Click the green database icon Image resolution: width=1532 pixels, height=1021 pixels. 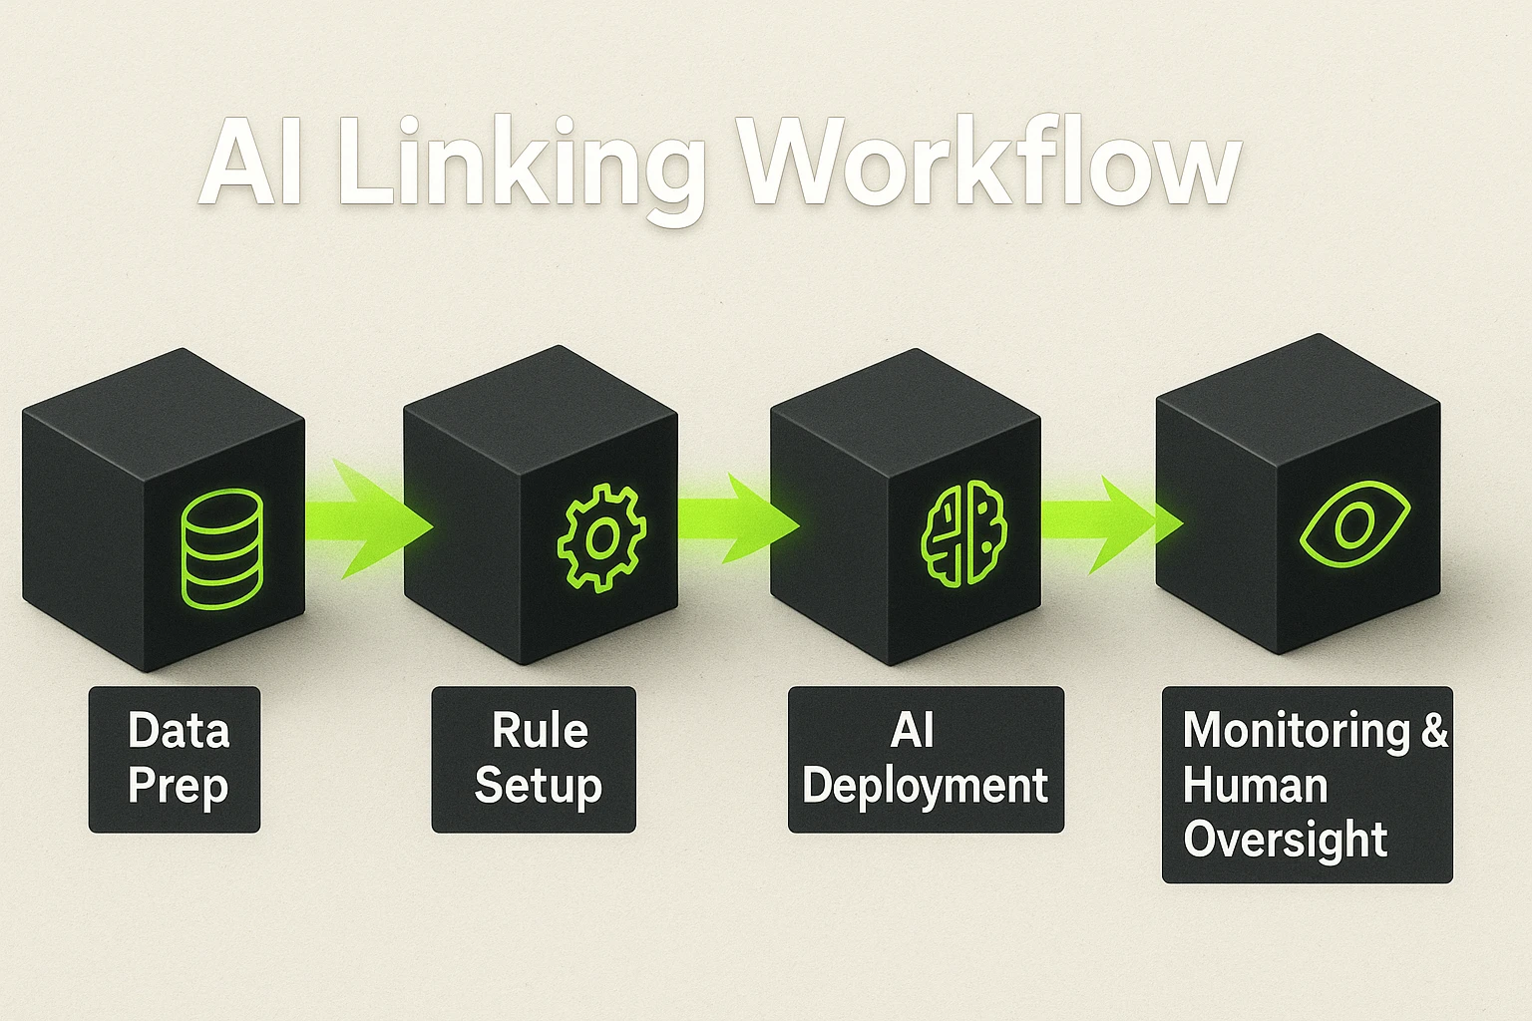tap(221, 548)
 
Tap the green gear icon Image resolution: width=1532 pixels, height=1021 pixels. tap(601, 537)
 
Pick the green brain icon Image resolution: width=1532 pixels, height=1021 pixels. tap(963, 533)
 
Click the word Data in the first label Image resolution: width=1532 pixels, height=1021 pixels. tap(179, 731)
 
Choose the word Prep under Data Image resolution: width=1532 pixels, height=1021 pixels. tap(178, 787)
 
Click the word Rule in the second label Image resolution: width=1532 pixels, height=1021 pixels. tap(539, 731)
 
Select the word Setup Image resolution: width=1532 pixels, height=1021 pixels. tap(538, 786)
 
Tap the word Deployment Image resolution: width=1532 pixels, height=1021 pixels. tap(925, 787)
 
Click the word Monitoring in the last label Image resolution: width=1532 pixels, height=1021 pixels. tap(1296, 731)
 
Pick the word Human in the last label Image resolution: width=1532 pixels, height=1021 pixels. tap(1255, 786)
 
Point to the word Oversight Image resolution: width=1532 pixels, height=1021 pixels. tap(1285, 840)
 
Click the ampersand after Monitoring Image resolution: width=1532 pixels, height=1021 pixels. tap(1434, 731)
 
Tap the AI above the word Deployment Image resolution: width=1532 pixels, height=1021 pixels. tap(912, 731)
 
